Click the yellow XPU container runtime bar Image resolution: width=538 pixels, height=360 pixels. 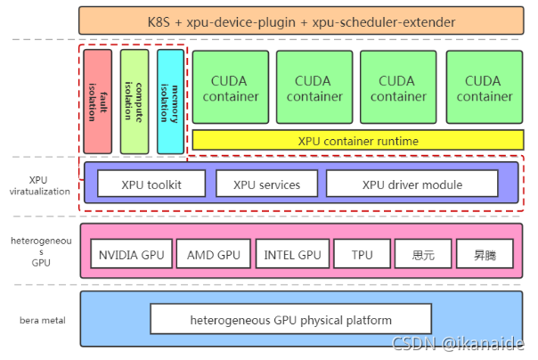357,141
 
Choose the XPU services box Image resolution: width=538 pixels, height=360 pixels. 266,184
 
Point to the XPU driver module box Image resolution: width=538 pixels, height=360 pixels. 412,184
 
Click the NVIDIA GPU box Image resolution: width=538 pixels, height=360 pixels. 130,255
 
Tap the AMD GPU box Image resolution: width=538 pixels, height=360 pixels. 214,255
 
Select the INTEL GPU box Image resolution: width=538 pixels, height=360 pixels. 292,255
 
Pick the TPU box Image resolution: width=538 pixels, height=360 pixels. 362,255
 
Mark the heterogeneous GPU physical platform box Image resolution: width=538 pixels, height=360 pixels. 290,319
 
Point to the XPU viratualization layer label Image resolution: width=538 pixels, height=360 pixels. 37,184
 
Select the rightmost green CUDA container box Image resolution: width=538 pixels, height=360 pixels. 483,88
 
